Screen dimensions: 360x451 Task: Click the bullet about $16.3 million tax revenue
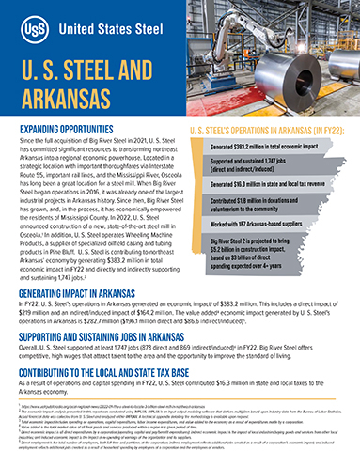pos(278,193)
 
